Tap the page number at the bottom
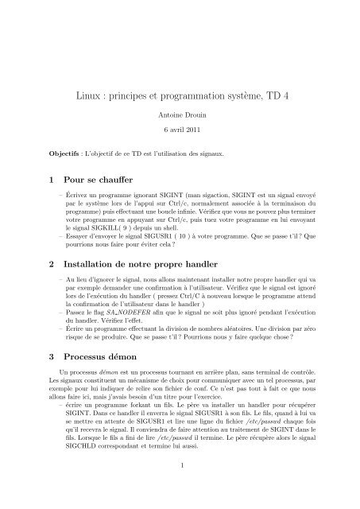tap(180, 488)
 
